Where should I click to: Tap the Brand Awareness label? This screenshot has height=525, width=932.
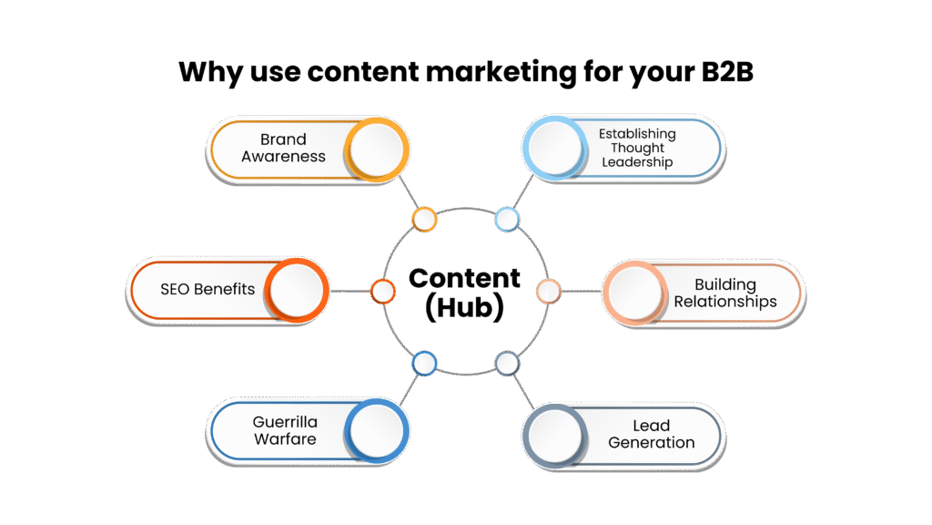pos(283,148)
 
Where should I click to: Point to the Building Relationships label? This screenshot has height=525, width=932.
pos(725,293)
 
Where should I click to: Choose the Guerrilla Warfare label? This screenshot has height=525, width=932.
pos(285,430)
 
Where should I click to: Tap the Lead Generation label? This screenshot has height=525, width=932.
pos(651,434)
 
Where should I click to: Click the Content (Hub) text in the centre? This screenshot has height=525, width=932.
pos(465,293)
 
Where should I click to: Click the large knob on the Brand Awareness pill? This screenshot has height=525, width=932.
pos(377,149)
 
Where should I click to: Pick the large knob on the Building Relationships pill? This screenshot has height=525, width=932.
pos(635,293)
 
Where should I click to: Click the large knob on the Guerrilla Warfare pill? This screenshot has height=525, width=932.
pos(377,431)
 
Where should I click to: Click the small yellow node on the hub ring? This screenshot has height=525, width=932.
pos(424,219)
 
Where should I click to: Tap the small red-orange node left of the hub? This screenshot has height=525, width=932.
pos(383,291)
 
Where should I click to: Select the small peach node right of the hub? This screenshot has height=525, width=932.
pos(548,291)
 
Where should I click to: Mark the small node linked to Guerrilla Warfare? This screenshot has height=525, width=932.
pos(424,364)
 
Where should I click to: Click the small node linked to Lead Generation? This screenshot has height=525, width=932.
pos(507,364)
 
